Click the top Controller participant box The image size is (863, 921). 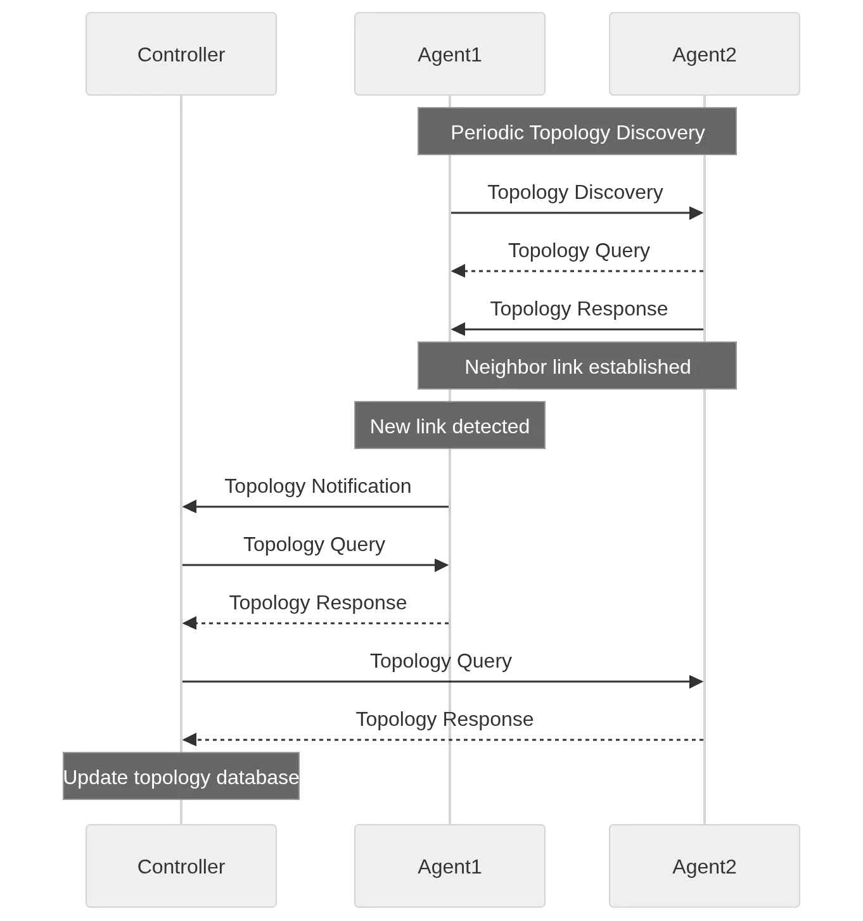(181, 54)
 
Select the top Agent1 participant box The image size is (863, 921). (449, 54)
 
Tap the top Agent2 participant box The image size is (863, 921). (704, 54)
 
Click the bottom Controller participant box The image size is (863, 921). (181, 866)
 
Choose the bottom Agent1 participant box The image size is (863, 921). (449, 866)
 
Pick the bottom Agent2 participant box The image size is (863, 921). (704, 866)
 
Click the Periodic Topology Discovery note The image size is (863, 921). (577, 132)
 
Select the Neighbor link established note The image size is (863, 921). (577, 366)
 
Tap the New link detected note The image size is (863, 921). (449, 426)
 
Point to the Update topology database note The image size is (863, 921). (182, 777)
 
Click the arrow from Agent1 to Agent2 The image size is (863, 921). (577, 213)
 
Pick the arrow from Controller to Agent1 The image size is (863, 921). (315, 565)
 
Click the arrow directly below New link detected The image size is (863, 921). (315, 507)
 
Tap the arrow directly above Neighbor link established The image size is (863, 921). (577, 329)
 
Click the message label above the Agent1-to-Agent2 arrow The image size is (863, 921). (577, 193)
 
